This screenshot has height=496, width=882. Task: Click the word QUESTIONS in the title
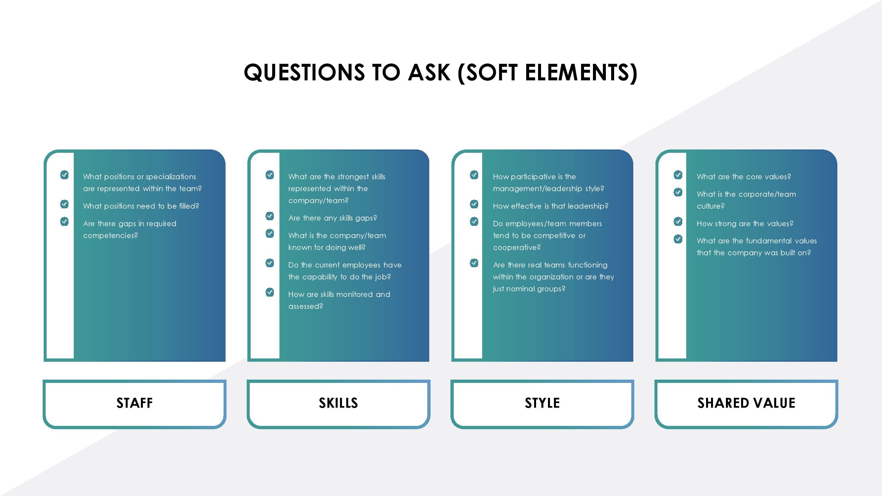coord(304,72)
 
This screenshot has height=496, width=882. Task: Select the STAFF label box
coord(135,404)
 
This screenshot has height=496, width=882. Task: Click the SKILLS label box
coord(338,404)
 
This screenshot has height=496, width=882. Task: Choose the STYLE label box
coord(542,404)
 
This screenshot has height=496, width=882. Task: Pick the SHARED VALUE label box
coord(746,404)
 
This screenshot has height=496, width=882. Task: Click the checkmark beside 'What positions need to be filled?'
coord(64,204)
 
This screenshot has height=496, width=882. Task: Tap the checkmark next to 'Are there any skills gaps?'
coord(270,216)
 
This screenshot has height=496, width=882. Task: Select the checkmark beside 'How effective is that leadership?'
coord(474,204)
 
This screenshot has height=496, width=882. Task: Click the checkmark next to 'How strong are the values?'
coord(678,222)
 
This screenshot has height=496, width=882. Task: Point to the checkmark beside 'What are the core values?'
coord(678,175)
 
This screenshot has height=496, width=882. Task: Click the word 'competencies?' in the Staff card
coord(110,236)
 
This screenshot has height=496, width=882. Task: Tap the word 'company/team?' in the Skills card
coord(318,201)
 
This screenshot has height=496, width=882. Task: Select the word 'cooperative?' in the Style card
coord(517,248)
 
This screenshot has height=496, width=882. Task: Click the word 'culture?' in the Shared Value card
coord(710,206)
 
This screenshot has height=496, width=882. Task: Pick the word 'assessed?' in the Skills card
coord(306,307)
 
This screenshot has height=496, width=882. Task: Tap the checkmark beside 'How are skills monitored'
coord(270,292)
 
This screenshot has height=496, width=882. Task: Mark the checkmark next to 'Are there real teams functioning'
coord(474,263)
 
